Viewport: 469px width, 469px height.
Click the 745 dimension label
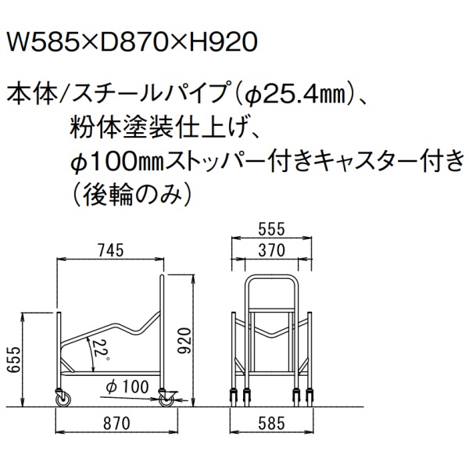[110, 250]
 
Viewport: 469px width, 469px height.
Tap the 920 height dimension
[184, 341]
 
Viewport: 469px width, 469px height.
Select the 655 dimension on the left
[13, 360]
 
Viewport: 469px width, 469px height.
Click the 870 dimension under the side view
[116, 424]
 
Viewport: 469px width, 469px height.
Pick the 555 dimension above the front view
[271, 230]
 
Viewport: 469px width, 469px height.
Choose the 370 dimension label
[271, 250]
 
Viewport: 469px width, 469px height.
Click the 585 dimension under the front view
[271, 424]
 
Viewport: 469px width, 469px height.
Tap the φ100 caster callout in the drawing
[127, 387]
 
